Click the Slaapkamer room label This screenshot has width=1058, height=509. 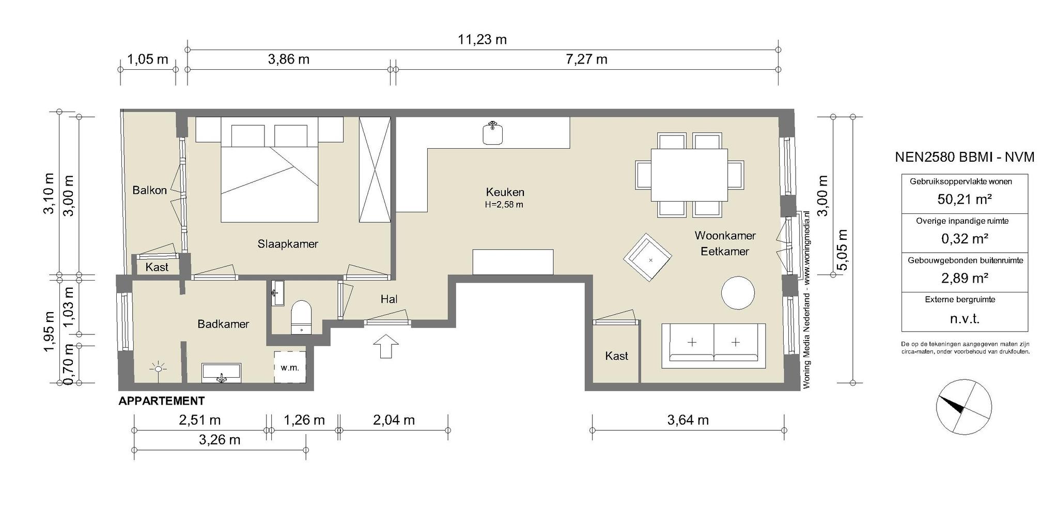click(288, 244)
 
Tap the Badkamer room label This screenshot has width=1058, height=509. click(223, 324)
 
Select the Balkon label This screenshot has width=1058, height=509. click(150, 190)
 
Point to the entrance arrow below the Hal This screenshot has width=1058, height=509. click(385, 346)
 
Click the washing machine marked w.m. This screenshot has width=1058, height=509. click(290, 367)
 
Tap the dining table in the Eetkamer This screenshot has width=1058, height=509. click(689, 175)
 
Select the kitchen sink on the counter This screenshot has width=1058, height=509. click(493, 133)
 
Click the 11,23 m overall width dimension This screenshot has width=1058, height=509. click(482, 39)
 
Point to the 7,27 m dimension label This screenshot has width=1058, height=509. click(586, 59)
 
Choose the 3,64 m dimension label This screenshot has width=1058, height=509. click(688, 420)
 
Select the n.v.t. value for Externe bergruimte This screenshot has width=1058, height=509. click(964, 319)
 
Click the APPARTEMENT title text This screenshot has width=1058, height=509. click(162, 401)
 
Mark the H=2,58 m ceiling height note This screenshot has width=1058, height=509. click(504, 205)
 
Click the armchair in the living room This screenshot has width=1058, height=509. click(648, 257)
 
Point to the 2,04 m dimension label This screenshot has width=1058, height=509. click(394, 420)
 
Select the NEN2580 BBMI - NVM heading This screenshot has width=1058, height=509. click(964, 157)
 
